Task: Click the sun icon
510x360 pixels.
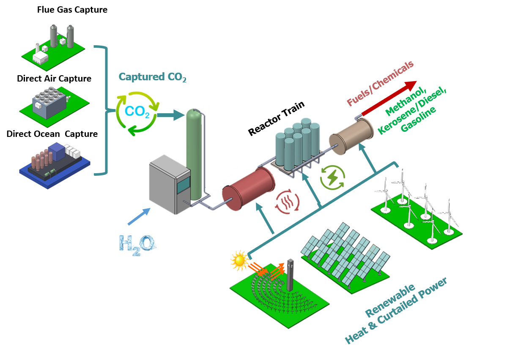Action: coord(239,261)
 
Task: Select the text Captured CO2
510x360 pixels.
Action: coord(152,77)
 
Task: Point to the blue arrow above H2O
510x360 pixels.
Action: coord(138,216)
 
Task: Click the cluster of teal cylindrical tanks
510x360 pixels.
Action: coord(298,144)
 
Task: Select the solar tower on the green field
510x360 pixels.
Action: coord(290,275)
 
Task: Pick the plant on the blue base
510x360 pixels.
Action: coord(54,164)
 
